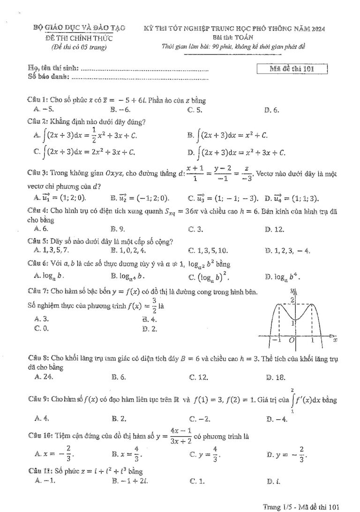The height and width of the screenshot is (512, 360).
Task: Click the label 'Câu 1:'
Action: (38, 101)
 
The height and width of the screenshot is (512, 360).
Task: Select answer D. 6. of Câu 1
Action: (271, 110)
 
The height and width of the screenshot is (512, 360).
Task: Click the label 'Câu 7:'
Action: (38, 292)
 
